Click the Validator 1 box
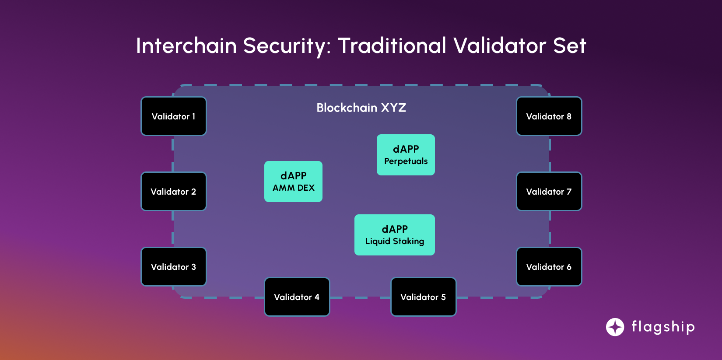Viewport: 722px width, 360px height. pos(173,116)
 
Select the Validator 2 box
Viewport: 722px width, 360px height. pos(173,192)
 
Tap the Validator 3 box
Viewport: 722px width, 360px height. pos(173,267)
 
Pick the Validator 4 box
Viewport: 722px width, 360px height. pos(297,297)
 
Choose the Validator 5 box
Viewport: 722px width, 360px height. pos(423,297)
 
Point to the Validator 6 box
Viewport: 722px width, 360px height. pos(549,267)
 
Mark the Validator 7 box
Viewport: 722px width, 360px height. pos(549,192)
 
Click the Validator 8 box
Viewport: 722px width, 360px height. pos(549,116)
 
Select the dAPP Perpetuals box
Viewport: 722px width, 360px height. pos(406,155)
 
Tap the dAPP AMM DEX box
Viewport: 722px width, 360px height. pos(293,182)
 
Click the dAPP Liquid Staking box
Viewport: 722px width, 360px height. pos(394,235)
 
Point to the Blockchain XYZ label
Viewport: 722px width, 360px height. pos(361,108)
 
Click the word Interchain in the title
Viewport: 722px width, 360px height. pos(186,46)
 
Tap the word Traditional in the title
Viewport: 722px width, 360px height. pos(392,46)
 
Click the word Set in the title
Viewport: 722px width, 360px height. pos(569,46)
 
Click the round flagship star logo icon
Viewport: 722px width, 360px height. pos(615,327)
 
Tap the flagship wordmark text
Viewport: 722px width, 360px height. pos(663,327)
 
